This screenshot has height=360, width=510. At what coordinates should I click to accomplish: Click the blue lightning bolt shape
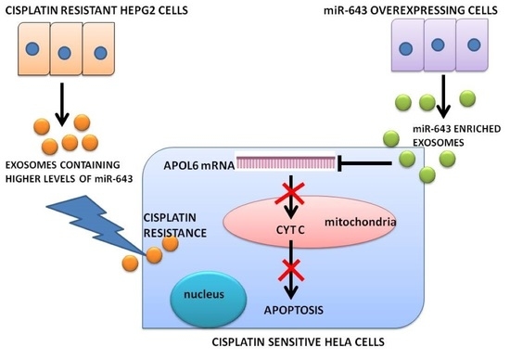point(102,239)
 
